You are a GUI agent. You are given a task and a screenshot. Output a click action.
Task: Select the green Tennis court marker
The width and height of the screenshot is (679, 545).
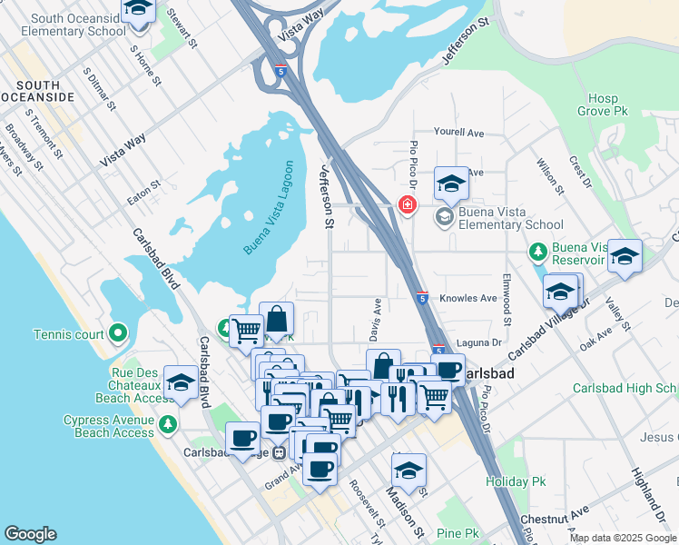coord(118,333)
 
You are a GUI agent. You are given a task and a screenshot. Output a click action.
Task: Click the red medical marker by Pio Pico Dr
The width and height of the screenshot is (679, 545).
coord(408,205)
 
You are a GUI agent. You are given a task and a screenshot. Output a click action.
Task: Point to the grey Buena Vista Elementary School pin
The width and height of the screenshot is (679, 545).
coord(444,216)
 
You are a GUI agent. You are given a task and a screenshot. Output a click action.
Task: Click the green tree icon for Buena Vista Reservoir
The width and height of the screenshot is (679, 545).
coord(537,251)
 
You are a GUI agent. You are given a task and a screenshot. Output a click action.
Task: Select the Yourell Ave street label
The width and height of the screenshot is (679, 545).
coord(458,133)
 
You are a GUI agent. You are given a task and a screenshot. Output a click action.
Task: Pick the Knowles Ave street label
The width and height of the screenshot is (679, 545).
coord(468,298)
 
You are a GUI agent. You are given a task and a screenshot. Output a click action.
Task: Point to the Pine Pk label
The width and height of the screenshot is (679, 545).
coord(457,533)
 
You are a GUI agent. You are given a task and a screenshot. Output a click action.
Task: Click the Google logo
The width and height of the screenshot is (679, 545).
coord(30,534)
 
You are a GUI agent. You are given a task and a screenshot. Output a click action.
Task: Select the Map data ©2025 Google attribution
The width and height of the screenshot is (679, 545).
coord(622,538)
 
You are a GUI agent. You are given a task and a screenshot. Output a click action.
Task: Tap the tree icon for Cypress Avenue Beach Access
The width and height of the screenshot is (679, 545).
coord(167,425)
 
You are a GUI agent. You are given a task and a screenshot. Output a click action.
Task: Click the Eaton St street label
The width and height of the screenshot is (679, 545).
coord(143,184)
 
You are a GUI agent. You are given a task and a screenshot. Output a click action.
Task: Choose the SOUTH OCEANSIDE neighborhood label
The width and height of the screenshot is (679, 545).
coord(37,90)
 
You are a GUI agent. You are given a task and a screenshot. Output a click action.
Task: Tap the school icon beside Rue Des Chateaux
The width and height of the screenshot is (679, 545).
coord(182,384)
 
